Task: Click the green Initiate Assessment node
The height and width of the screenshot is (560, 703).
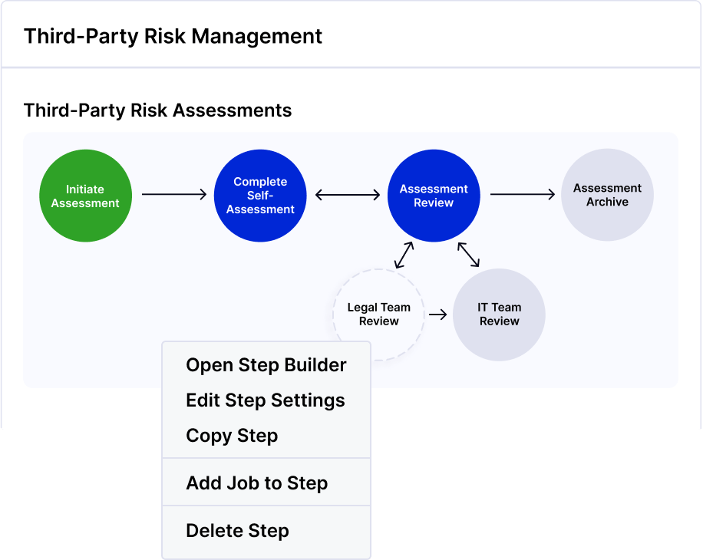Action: pyautogui.click(x=86, y=196)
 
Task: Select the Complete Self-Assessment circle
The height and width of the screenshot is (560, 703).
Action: pyautogui.click(x=260, y=196)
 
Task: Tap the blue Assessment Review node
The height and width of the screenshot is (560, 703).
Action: pyautogui.click(x=434, y=196)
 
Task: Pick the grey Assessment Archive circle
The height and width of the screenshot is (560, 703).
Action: pyautogui.click(x=608, y=195)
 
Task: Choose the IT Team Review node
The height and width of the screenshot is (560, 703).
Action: pyautogui.click(x=499, y=315)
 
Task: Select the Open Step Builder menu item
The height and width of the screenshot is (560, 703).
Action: pyautogui.click(x=266, y=365)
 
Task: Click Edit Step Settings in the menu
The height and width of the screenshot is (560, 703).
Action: pyautogui.click(x=266, y=400)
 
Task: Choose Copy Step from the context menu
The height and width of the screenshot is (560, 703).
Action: pyautogui.click(x=232, y=436)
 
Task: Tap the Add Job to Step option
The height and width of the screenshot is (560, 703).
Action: pyautogui.click(x=257, y=483)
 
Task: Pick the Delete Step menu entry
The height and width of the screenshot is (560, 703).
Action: pyautogui.click(x=238, y=531)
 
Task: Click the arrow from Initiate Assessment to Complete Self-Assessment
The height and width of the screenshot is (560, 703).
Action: pyautogui.click(x=174, y=194)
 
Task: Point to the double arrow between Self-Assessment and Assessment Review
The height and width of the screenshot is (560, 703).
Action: pyautogui.click(x=348, y=195)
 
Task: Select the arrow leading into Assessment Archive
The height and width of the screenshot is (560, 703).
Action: pyautogui.click(x=523, y=194)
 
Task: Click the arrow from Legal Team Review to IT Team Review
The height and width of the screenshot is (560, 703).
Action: pyautogui.click(x=438, y=315)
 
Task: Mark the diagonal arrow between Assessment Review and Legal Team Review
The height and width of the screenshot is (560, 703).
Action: pyautogui.click(x=404, y=255)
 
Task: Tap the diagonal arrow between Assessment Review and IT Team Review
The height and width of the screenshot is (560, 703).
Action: pyautogui.click(x=468, y=255)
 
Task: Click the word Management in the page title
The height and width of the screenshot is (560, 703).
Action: pyautogui.click(x=257, y=36)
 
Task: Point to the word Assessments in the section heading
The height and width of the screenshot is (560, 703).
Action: pyautogui.click(x=233, y=110)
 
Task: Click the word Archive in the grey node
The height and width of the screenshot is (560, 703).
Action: pyautogui.click(x=608, y=202)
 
